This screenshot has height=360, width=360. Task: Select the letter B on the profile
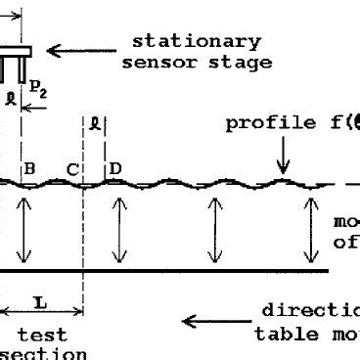coord(29,170)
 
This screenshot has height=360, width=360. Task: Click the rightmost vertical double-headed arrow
coord(310,229)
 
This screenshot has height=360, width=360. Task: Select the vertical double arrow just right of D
coord(119,229)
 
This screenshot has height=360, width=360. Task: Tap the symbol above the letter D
coord(94,123)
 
